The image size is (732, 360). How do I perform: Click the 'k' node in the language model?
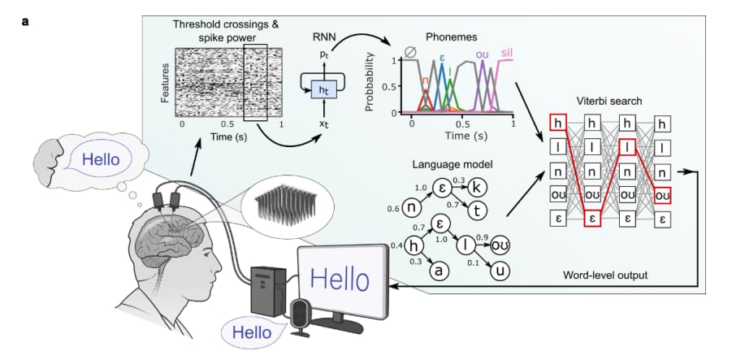tap(477, 187)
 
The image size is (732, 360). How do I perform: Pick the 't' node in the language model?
tap(477, 211)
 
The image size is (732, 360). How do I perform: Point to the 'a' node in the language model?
tap(439, 271)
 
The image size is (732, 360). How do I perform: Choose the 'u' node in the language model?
tap(500, 271)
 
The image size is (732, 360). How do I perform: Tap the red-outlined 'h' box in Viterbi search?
tap(557, 123)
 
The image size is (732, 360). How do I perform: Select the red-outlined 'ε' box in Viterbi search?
tap(592, 219)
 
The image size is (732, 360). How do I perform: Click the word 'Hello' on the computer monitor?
tap(340, 280)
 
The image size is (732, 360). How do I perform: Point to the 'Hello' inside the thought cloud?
tap(101, 160)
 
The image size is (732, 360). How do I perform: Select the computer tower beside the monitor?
tap(268, 290)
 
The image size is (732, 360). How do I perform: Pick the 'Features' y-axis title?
tap(165, 83)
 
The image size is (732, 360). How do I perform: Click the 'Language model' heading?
tap(453, 164)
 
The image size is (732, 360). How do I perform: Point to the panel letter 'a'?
tap(25, 21)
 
